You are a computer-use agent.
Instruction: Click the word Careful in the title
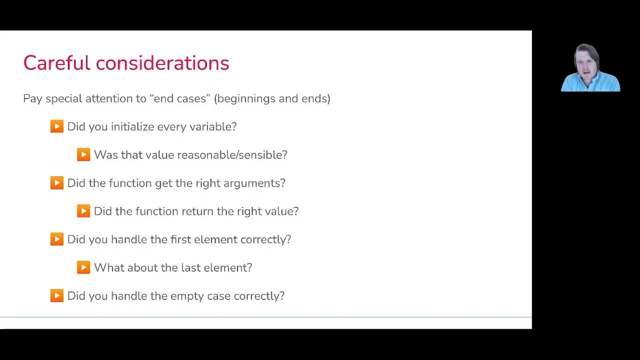[56, 63]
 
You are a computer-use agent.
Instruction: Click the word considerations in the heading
[162, 63]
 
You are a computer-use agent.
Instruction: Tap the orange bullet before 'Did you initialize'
[57, 126]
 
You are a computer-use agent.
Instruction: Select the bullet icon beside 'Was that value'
[83, 154]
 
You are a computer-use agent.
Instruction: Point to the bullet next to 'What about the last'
[83, 267]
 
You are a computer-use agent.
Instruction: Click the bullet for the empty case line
[57, 295]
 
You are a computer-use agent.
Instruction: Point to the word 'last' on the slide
[190, 267]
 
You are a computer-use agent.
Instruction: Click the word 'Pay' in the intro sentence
[32, 99]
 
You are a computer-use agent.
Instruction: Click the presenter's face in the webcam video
[585, 63]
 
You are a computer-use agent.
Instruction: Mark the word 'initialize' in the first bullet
[132, 126]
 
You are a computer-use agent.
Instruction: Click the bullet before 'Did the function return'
[83, 211]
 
